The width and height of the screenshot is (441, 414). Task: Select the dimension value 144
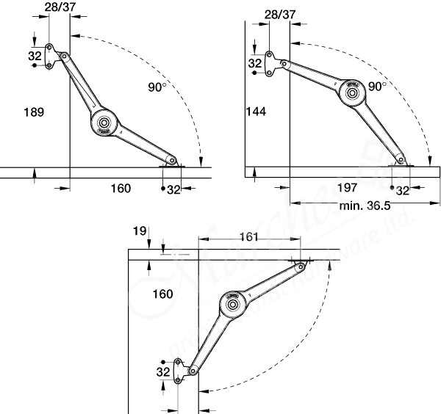click(257, 112)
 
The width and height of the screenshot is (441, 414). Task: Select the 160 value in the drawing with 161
click(162, 294)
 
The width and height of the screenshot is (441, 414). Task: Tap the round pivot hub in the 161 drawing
click(233, 302)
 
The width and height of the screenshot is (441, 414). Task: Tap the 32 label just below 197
click(403, 190)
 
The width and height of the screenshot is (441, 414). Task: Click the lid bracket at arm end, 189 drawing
click(173, 163)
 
